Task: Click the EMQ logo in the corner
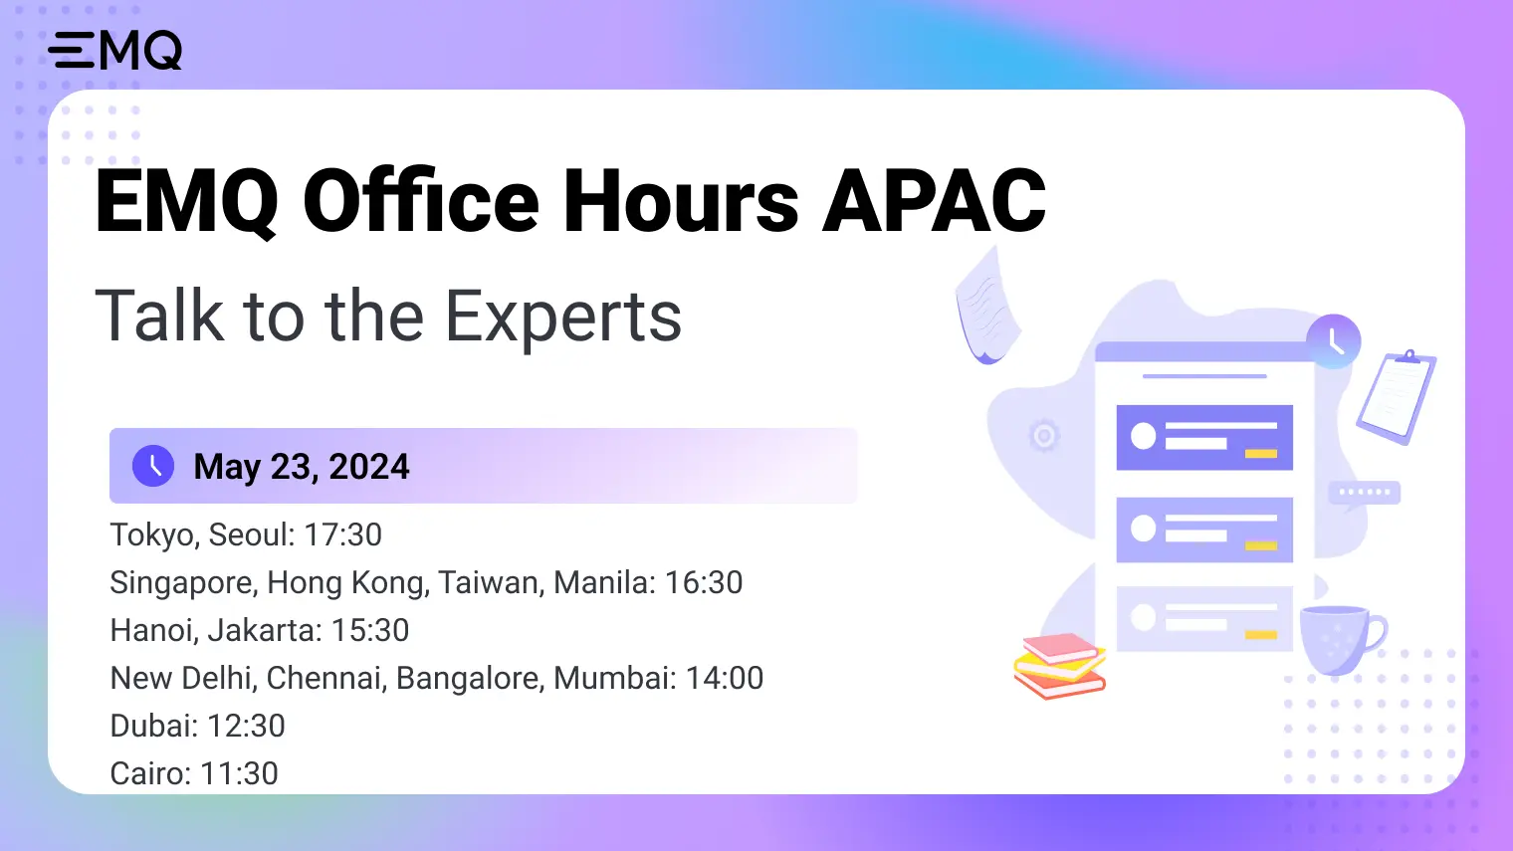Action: [115, 50]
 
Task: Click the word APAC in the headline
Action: [934, 202]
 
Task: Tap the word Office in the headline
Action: [420, 202]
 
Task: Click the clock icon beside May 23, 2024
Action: [153, 466]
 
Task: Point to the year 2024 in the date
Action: [369, 467]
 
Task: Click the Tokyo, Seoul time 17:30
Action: [342, 535]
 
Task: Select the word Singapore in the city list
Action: [181, 583]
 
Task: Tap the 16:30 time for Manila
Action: [703, 583]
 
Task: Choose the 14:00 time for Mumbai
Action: [725, 679]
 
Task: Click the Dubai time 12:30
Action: [246, 727]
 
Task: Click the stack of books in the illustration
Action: [1060, 665]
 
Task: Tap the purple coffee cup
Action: [1340, 638]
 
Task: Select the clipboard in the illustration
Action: [1396, 397]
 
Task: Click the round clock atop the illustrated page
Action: [1333, 340]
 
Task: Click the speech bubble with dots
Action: [1364, 493]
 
